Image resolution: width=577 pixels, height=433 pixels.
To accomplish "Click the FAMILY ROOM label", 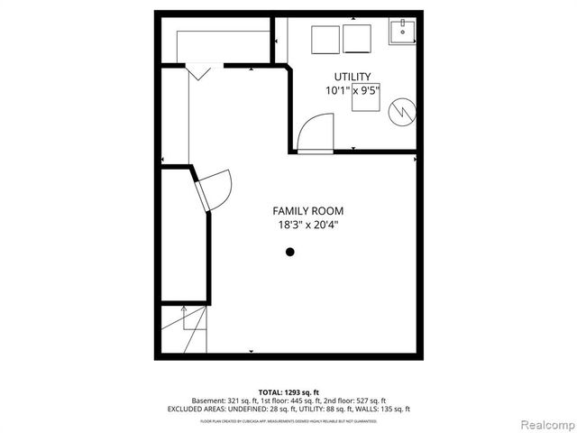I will pos(309,211).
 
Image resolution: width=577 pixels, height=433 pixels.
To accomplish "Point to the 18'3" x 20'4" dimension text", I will pos(309,226).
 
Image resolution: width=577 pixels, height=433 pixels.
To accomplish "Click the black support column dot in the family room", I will pos(290,253).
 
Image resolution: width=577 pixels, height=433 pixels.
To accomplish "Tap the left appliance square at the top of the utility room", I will pos(325,41).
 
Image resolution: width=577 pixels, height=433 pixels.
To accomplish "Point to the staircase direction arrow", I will pos(186,320).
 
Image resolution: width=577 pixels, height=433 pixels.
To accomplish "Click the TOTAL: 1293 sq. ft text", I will pos(288,392).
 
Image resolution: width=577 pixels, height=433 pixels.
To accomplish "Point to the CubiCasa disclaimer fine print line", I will pos(288,420).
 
